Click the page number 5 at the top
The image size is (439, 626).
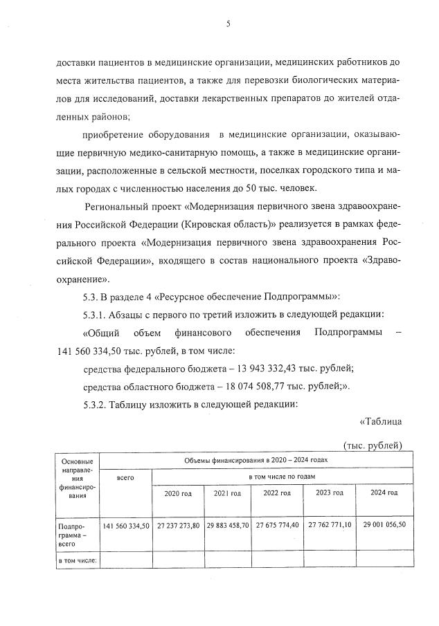[x=228, y=24]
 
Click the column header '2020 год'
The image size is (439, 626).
[x=177, y=493]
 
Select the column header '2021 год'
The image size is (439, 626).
[x=227, y=493]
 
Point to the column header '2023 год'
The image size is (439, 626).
[x=329, y=493]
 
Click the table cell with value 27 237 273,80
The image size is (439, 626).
[x=177, y=526]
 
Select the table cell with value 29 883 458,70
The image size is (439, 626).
[x=227, y=526]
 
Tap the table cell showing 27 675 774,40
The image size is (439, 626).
[x=277, y=526]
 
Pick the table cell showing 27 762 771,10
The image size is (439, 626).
[x=329, y=526]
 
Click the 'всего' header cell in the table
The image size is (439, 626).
[x=125, y=477]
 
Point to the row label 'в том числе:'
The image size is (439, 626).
[x=77, y=560]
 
